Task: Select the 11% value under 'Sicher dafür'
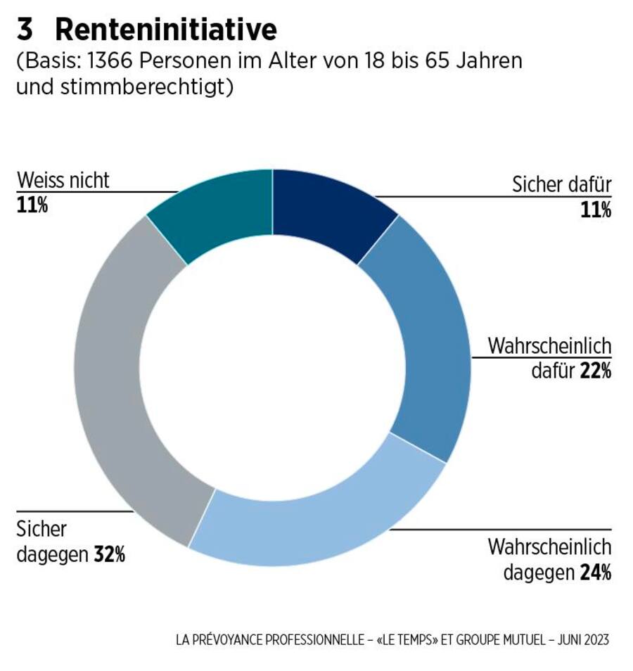(x=596, y=210)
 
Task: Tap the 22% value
(x=595, y=371)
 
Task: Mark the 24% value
(x=595, y=572)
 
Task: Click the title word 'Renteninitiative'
(x=166, y=30)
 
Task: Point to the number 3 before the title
(x=25, y=30)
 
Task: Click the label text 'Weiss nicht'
(x=63, y=181)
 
